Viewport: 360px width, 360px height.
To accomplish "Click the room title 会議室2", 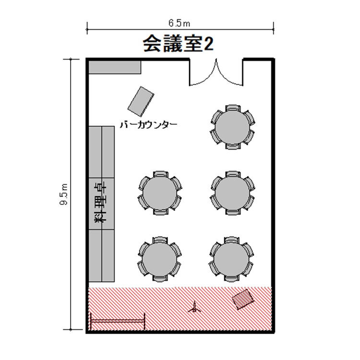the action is coord(179,44).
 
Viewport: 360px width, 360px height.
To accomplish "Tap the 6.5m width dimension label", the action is coord(180,24).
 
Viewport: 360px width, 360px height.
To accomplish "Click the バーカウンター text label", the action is coord(148,125).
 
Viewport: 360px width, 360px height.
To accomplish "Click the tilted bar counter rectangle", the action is coord(141,101).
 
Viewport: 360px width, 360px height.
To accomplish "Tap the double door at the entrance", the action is coord(216,73).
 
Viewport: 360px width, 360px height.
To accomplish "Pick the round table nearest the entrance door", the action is coord(233,127).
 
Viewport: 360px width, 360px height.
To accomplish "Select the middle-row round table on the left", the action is coord(160,193).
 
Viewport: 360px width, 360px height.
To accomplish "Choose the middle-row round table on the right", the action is coord(233,193).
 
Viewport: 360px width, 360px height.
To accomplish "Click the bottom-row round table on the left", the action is coord(160,259).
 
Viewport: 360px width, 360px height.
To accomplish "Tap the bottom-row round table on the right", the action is coord(232,259).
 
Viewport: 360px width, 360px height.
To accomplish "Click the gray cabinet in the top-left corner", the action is coord(115,67).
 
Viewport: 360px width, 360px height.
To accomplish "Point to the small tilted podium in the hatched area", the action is coord(242,300).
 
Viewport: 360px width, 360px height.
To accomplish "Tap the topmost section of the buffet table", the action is coord(101,152).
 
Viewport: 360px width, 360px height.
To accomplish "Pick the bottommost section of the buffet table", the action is coord(101,255).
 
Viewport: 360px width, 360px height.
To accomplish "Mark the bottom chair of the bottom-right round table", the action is coord(232,278).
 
